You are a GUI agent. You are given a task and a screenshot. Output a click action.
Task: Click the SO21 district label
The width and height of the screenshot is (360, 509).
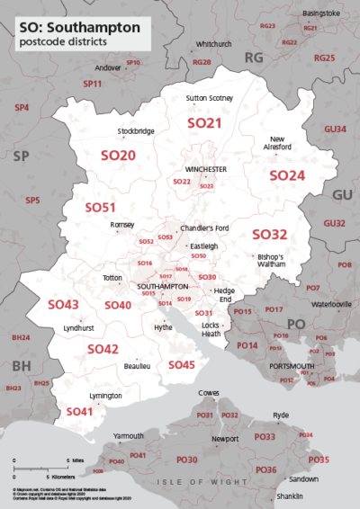pos(203,122)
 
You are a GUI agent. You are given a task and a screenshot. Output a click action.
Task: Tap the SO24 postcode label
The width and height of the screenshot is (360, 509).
pos(288,174)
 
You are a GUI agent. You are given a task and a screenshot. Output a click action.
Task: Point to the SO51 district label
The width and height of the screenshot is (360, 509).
pos(101,207)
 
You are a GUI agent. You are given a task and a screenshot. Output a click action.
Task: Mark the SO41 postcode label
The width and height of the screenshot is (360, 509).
pos(78,411)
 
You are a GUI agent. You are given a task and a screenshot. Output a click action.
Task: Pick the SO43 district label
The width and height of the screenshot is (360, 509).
pos(64,305)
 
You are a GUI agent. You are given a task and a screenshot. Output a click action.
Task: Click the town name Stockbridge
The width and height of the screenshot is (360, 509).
pos(136,131)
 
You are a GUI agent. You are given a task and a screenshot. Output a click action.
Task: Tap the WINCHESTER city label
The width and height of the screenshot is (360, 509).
pos(206,169)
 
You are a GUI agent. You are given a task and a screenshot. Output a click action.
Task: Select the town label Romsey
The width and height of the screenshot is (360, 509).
pos(121,225)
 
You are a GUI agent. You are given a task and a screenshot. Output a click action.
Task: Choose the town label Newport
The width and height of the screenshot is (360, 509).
pos(225,439)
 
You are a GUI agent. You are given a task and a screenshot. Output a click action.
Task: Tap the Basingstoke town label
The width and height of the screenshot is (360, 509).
pos(321,13)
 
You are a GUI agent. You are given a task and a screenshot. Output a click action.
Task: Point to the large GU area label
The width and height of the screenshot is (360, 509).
pos(343,195)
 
